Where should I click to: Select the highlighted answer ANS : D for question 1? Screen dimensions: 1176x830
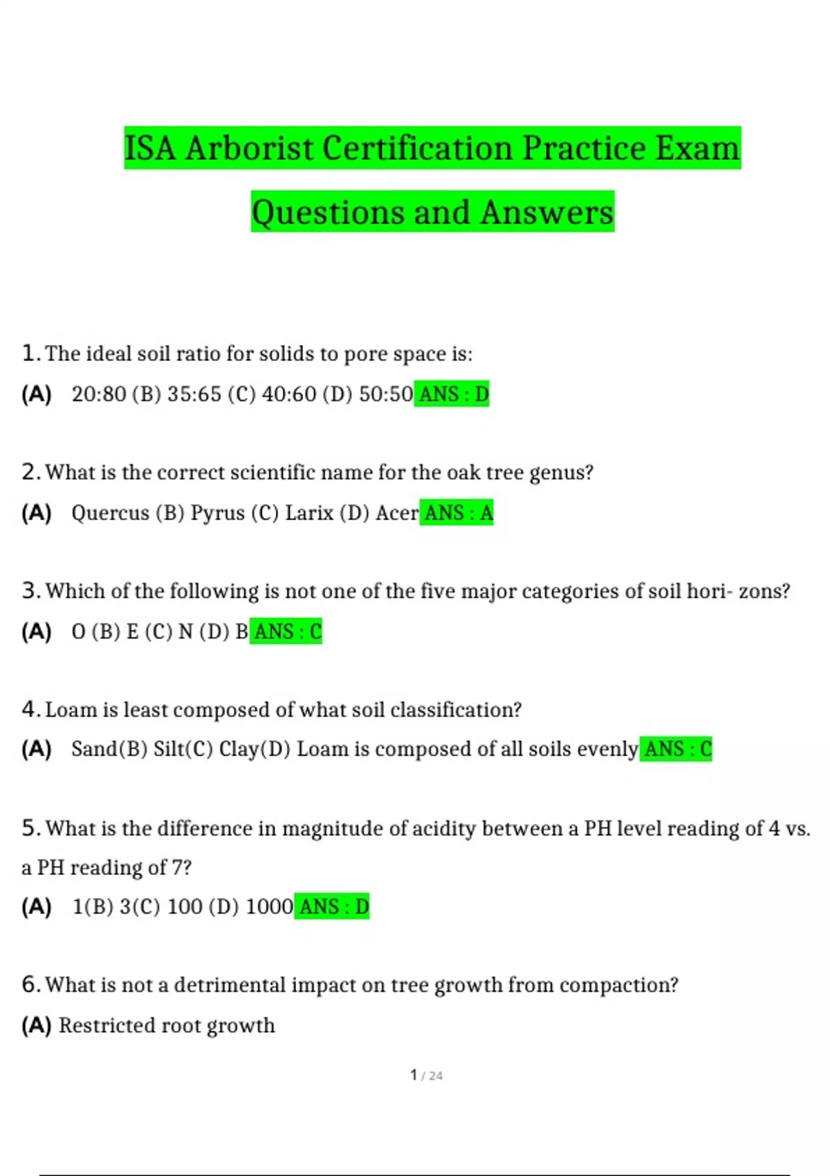point(452,394)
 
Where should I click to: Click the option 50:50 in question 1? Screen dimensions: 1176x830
point(386,394)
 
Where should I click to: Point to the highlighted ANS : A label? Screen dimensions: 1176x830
point(457,513)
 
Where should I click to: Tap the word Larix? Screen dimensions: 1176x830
point(309,513)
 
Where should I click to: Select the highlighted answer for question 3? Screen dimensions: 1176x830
point(286,632)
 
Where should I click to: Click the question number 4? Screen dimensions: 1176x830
point(29,710)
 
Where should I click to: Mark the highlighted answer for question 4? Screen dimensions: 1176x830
point(676,749)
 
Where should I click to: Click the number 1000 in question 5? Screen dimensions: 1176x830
point(269,907)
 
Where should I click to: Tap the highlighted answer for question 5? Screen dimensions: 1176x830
point(333,907)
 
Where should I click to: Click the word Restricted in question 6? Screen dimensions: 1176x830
point(104,1025)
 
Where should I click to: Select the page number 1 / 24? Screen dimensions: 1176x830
point(426,1076)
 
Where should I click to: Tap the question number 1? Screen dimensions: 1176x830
point(29,353)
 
